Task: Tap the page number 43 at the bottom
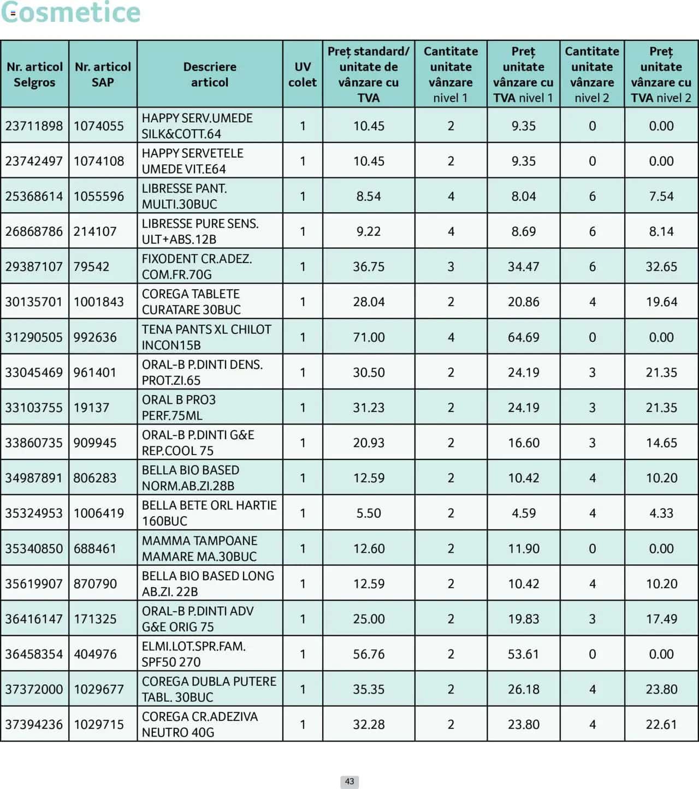(x=349, y=781)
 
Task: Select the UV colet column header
(x=303, y=74)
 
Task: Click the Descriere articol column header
(x=210, y=74)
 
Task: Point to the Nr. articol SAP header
(x=103, y=74)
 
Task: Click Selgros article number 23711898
(x=34, y=126)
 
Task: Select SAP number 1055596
(x=99, y=196)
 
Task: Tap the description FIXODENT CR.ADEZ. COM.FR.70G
(x=197, y=266)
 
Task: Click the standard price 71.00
(x=369, y=337)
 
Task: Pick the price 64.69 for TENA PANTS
(x=523, y=337)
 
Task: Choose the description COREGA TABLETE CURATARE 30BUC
(x=191, y=302)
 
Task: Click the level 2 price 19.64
(x=661, y=302)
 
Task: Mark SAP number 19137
(x=91, y=408)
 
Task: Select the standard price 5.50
(x=369, y=513)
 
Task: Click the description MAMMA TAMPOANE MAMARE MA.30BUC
(x=199, y=548)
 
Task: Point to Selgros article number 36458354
(x=34, y=654)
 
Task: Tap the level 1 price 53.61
(x=523, y=654)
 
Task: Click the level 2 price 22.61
(x=661, y=724)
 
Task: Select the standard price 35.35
(x=369, y=689)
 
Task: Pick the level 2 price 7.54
(x=661, y=196)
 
